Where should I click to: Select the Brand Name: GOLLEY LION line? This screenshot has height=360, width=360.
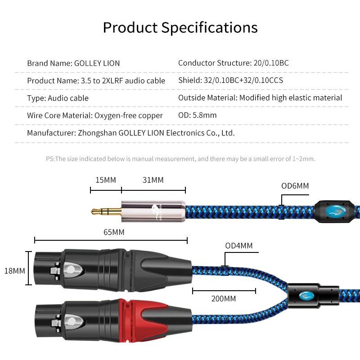(x=73, y=63)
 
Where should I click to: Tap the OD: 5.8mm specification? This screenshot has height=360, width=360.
(x=197, y=115)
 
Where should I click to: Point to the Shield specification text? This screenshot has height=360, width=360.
(x=230, y=81)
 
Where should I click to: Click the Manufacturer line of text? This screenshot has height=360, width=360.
(x=130, y=133)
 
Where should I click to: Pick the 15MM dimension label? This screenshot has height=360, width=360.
(x=106, y=180)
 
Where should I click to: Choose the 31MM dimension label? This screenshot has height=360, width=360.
(x=153, y=180)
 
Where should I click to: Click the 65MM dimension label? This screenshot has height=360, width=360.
(x=113, y=232)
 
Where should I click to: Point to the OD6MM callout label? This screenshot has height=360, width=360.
(x=295, y=185)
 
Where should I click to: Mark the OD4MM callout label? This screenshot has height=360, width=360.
(x=239, y=246)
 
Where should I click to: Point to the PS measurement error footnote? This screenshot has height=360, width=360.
(x=180, y=159)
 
